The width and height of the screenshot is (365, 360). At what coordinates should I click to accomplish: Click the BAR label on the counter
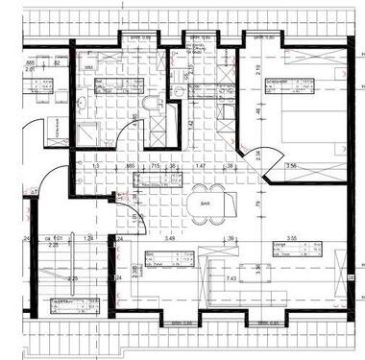pyautogui.click(x=205, y=204)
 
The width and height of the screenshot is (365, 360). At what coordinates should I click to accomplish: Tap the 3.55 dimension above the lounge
pyautogui.click(x=294, y=236)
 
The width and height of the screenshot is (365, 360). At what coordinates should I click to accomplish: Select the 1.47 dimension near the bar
pyautogui.click(x=202, y=165)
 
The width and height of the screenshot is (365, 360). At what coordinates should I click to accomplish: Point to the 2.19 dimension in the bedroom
pyautogui.click(x=260, y=68)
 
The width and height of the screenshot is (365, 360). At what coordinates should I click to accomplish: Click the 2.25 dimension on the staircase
pyautogui.click(x=72, y=278)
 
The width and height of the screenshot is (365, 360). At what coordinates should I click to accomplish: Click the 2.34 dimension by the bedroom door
pyautogui.click(x=256, y=154)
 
